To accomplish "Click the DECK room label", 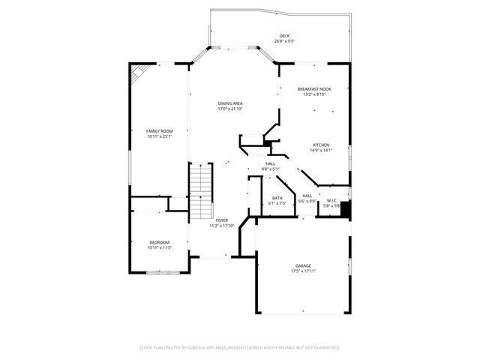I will (284, 36).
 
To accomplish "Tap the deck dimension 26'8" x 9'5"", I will (284, 41).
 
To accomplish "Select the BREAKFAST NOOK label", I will (314, 89).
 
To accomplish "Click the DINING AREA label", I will (230, 103).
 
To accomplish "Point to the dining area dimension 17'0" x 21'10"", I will (230, 109).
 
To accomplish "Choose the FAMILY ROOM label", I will (159, 131).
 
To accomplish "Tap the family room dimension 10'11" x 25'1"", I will (159, 136).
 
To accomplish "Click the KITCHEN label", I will (321, 145).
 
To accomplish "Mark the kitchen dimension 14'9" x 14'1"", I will (321, 150).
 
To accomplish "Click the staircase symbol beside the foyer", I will (200, 191).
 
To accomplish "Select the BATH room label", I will (277, 198).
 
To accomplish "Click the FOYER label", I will (222, 220).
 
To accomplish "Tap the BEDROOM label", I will (159, 242).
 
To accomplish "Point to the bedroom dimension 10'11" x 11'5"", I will (159, 247).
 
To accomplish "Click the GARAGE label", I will (303, 266).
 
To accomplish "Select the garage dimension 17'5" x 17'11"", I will (303, 271).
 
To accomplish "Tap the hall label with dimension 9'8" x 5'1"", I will (270, 166).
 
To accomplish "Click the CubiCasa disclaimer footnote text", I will (240, 347).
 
